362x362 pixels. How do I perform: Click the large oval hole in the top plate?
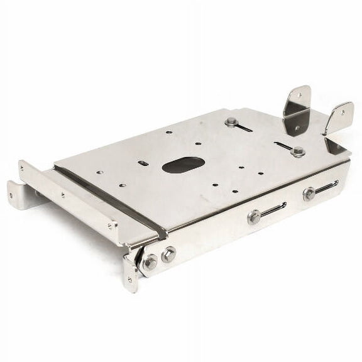click(183, 165)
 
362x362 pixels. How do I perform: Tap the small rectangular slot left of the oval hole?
click(143, 163)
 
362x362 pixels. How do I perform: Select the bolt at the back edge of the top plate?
click(231, 122)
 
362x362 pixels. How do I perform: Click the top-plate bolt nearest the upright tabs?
click(298, 151)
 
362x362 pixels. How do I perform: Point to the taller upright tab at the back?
click(297, 110)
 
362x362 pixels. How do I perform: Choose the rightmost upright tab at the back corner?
click(339, 117)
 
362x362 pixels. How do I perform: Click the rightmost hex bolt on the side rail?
click(309, 194)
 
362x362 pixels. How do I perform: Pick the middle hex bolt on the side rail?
click(254, 217)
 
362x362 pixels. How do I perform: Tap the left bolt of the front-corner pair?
click(150, 263)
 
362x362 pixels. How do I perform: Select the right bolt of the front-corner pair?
click(168, 255)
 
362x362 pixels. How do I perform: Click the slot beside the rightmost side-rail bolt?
click(326, 186)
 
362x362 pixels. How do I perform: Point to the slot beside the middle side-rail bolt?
click(273, 209)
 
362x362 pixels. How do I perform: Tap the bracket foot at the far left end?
click(19, 195)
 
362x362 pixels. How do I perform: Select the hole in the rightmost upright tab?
click(344, 112)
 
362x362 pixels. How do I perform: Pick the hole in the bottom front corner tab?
click(130, 280)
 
